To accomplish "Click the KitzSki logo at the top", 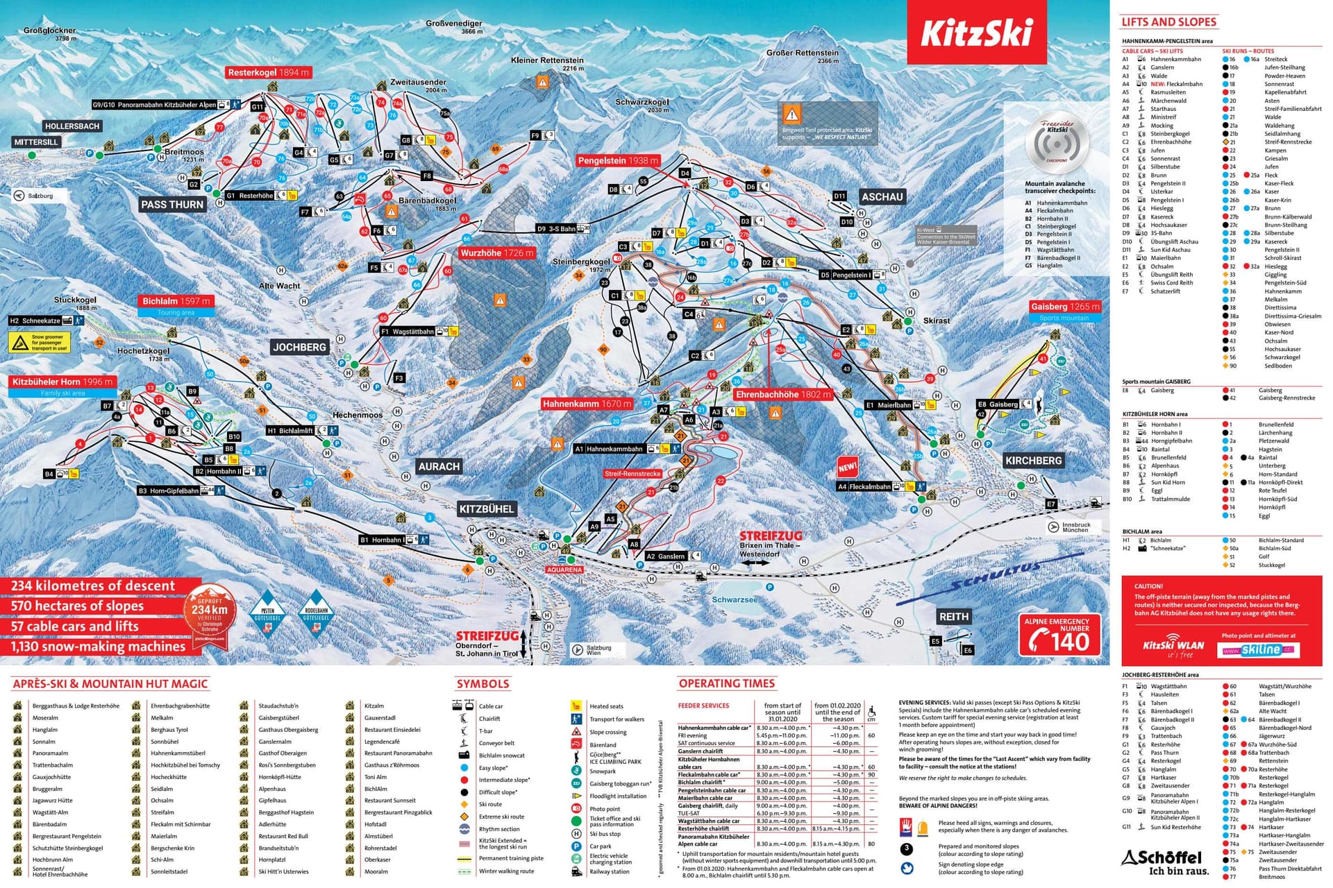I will coord(976,33).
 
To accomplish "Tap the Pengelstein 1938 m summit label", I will coord(618,160).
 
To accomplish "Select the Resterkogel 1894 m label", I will coord(269,72).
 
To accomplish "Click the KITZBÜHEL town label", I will coord(486,509).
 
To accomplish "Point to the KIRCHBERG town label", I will coord(1033,461).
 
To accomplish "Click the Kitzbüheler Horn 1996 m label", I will coord(62,382).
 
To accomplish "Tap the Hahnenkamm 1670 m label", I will coord(587,404).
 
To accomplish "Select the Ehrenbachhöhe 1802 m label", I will coord(783,394).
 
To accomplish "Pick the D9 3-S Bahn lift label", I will coord(562,228).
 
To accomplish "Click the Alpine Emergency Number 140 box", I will coord(1059,635).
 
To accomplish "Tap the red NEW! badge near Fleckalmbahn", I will coord(847,466).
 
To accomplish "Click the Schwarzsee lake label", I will coord(735,599).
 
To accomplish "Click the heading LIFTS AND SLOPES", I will coord(1168,22).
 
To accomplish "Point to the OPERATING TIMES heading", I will coord(726,683).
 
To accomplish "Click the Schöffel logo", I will coord(1165,862).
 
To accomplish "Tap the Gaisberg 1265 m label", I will coord(1064,306).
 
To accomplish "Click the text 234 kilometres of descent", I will coord(93,586).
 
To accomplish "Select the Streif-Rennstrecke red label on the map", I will coord(632,473).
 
